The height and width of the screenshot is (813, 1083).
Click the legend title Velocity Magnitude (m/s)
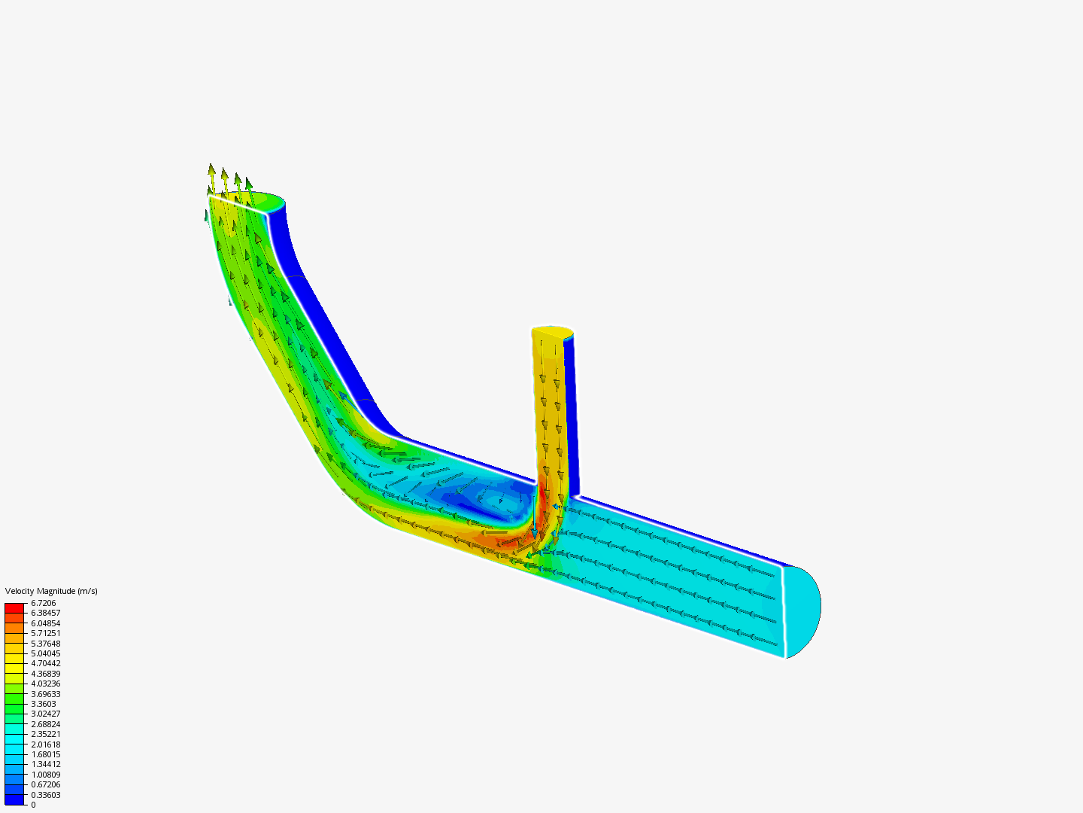(51, 591)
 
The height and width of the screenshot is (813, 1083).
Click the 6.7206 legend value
(43, 603)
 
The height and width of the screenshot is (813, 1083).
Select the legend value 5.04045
(45, 653)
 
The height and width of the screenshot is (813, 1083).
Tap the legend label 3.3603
(43, 704)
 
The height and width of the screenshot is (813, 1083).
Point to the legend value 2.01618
(45, 744)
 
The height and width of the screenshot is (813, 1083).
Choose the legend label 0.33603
(45, 795)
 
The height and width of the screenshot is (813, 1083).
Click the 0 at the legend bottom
(33, 805)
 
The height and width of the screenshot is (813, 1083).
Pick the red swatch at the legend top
(14, 607)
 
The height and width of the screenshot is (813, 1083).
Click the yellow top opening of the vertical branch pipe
(552, 332)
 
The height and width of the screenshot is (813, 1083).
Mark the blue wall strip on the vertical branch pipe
(569, 414)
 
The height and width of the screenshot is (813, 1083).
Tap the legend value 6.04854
(45, 623)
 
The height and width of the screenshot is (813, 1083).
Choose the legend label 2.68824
(45, 724)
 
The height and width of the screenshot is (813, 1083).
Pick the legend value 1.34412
(45, 764)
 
